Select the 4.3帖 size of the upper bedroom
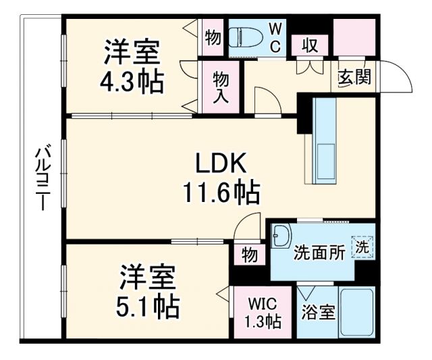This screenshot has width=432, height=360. (x=132, y=82)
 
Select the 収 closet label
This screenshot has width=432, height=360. (x=310, y=47)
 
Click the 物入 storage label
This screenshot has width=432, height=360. (x=221, y=86)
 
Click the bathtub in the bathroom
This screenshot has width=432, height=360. (x=357, y=313)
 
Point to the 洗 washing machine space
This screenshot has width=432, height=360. (x=363, y=248)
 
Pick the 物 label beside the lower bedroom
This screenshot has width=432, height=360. (x=249, y=255)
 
